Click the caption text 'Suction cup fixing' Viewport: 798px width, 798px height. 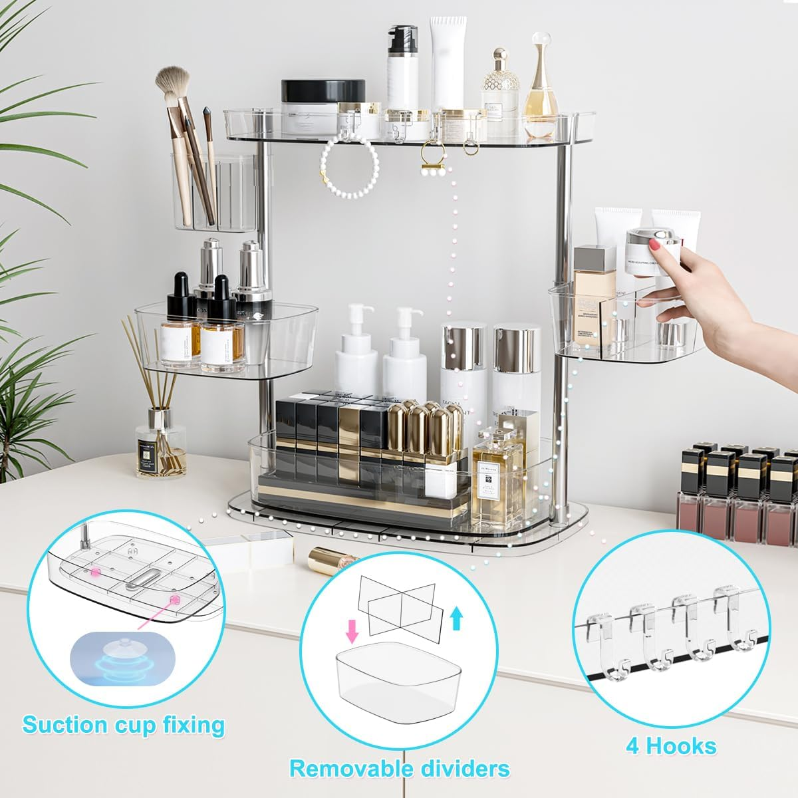[x=123, y=724]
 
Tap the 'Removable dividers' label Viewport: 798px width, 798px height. [x=400, y=769]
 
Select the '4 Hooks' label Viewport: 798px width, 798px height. [x=671, y=746]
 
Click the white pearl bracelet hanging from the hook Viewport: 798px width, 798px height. [x=349, y=163]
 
